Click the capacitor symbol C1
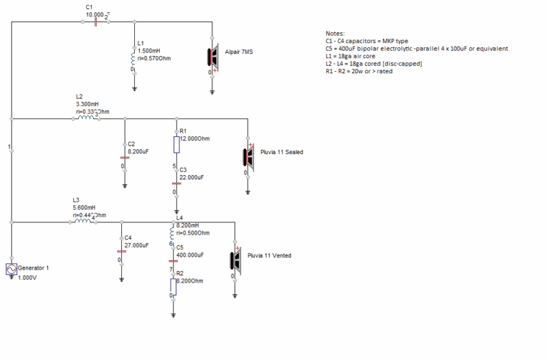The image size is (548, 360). coord(95,21)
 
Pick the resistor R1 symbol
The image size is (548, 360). coord(177,144)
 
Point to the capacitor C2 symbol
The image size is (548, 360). coord(124,156)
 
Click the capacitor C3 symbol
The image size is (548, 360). coord(177,183)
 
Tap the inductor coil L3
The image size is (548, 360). coord(83,221)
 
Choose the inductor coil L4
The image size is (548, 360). coord(173,233)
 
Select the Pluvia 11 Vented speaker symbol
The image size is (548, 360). coord(235,260)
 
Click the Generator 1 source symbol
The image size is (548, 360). coord(11,270)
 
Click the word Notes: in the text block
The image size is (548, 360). coord(336,33)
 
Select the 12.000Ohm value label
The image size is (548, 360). coord(195,138)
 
